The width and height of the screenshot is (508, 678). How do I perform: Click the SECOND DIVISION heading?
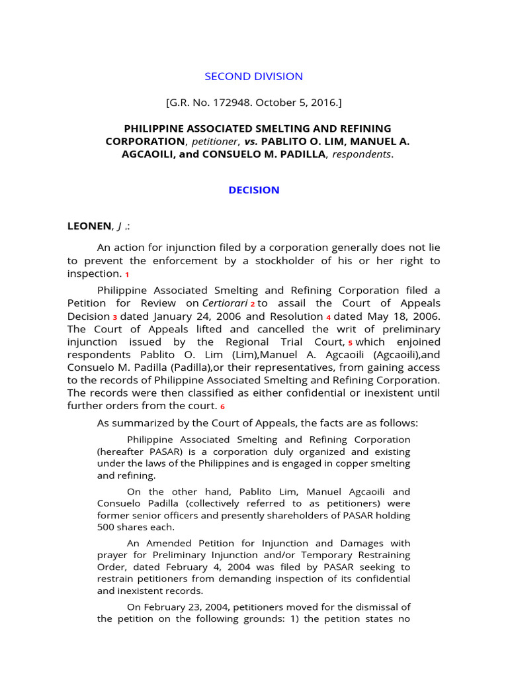(x=254, y=76)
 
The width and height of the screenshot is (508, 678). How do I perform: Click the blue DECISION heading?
(x=254, y=190)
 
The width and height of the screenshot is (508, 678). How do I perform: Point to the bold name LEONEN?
(x=89, y=226)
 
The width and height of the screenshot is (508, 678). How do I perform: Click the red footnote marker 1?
(x=127, y=275)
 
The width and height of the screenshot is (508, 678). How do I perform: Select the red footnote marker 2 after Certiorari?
(x=252, y=304)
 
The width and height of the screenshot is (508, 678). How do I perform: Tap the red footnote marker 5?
(x=350, y=344)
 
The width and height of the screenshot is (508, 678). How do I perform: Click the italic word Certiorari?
(x=225, y=303)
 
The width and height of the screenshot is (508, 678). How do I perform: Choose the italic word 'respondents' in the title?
(x=360, y=154)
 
